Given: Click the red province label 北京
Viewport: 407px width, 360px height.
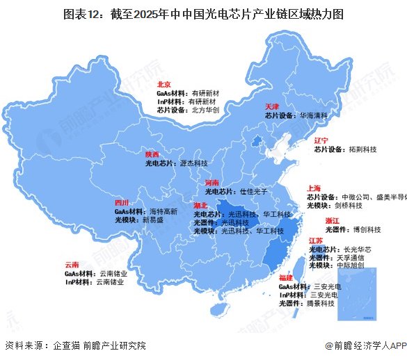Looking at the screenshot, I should pyautogui.click(x=164, y=83).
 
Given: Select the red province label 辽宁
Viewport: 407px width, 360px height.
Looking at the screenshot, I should pyautogui.click(x=321, y=140).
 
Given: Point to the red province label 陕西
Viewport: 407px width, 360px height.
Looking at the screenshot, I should pyautogui.click(x=152, y=154).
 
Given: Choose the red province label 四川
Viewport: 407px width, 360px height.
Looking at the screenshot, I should pyautogui.click(x=122, y=202).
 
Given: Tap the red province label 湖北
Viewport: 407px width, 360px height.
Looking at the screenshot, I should pyautogui.click(x=200, y=206).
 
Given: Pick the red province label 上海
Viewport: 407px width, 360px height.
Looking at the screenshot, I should pyautogui.click(x=314, y=188).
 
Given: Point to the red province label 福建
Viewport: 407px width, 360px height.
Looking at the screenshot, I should pyautogui.click(x=285, y=278).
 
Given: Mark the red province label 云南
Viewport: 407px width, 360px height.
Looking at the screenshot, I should pyautogui.click(x=71, y=265).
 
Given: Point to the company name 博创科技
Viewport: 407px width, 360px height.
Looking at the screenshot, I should pyautogui.click(x=367, y=229).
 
